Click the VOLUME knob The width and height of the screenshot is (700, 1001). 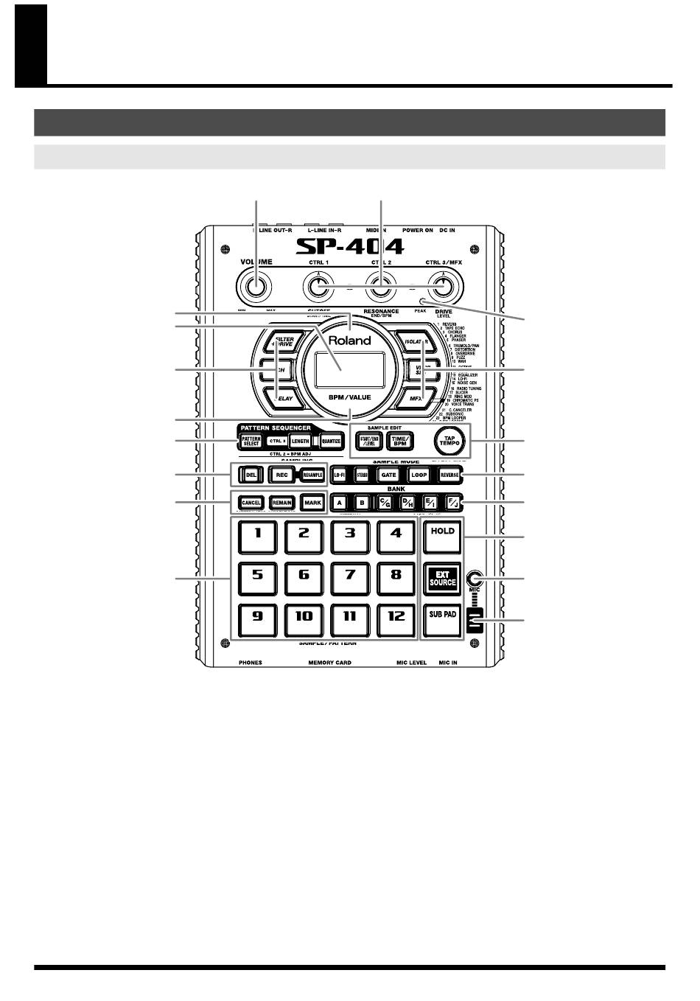[255, 287]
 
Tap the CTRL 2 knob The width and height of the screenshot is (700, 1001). [379, 287]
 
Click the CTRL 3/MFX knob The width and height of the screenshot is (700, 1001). [442, 287]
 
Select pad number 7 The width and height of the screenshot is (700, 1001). [351, 576]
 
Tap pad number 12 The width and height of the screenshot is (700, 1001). [396, 618]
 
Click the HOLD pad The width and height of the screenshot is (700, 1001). [443, 535]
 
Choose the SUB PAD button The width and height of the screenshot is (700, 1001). [443, 618]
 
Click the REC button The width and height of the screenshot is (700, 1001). [281, 475]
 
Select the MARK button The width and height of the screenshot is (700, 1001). [312, 502]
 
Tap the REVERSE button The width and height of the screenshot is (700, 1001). [449, 475]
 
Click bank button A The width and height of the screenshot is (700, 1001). [340, 502]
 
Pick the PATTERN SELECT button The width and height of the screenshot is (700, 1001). [251, 442]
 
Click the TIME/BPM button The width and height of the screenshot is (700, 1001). [401, 441]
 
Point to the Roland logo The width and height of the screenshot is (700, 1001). [350, 341]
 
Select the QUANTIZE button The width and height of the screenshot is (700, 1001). [331, 442]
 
